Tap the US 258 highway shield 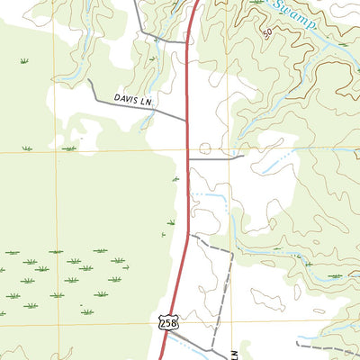[x=166, y=321]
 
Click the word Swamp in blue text [x=295, y=15]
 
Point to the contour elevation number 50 [x=266, y=33]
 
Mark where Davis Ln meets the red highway [x=186, y=119]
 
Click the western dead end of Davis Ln [x=89, y=80]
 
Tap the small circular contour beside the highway [x=205, y=148]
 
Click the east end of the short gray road [x=244, y=157]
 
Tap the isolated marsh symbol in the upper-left [x=24, y=61]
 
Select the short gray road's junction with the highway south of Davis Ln [x=187, y=157]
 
